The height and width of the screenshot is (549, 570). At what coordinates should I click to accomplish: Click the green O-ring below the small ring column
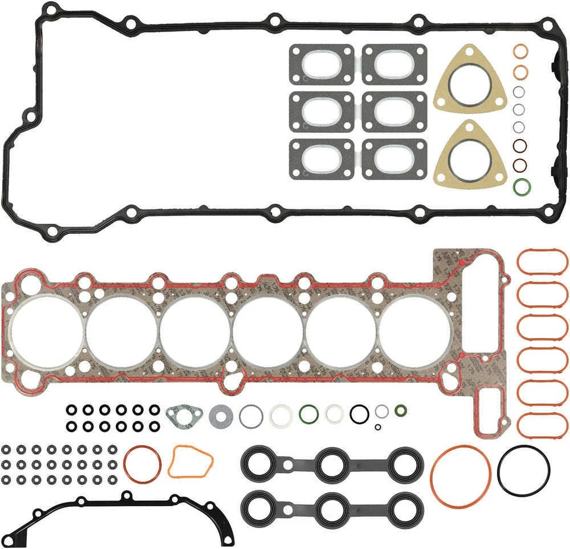coord(521,187)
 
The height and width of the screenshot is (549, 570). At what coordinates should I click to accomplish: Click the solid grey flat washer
coord(221,415)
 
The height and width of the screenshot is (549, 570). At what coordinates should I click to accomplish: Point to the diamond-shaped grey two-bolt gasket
coord(184,416)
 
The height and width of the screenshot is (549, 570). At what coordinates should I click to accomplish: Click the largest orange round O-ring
coord(461,477)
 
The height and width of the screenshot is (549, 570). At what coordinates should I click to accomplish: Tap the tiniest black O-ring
coord(378,427)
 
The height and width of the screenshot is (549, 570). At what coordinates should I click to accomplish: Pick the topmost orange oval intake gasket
coord(542,262)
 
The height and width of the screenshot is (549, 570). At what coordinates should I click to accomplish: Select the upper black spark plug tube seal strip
coord(332,465)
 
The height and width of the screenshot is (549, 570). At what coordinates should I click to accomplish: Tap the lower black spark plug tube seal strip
coord(332,507)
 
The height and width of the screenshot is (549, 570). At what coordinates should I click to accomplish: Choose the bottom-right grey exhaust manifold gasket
coord(394,159)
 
